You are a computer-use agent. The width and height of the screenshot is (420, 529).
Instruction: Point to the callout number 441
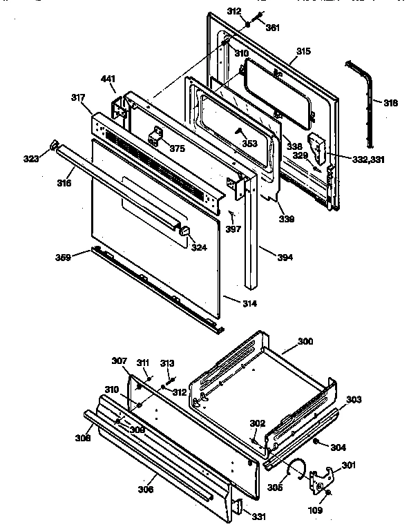[x=108, y=79]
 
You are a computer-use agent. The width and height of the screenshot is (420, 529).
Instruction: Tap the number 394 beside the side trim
[x=285, y=258]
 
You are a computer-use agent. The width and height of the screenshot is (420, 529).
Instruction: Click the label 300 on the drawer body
[x=305, y=341]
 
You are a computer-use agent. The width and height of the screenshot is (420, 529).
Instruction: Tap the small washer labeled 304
[x=314, y=441]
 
